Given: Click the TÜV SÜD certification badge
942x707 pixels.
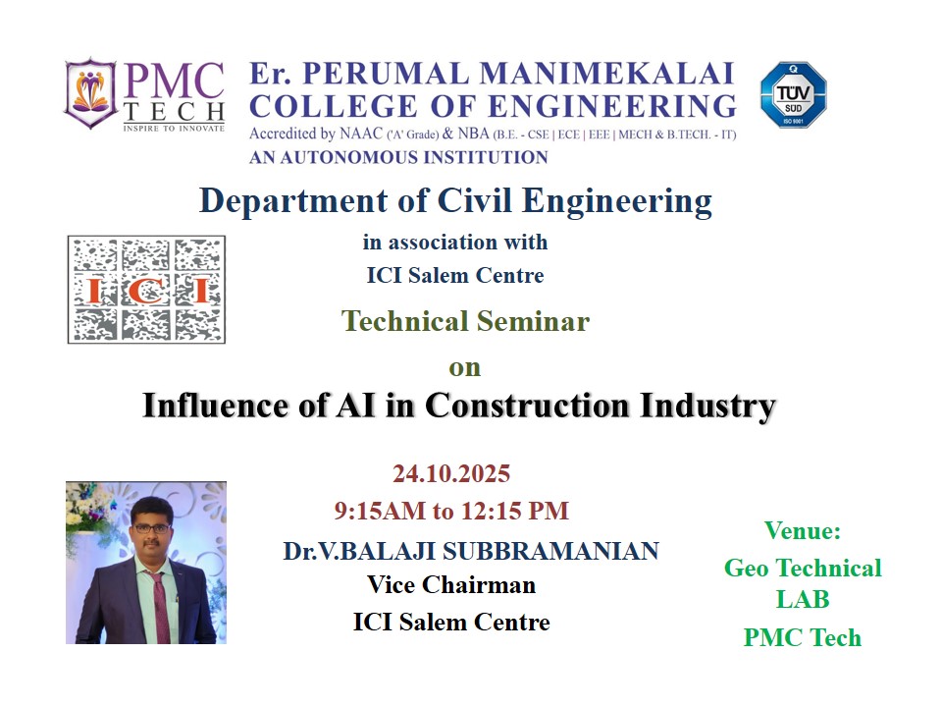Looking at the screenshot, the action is pyautogui.click(x=793, y=94).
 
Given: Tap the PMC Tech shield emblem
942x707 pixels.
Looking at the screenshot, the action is pyautogui.click(x=90, y=93).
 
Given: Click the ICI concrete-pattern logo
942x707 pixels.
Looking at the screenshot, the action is pyautogui.click(x=146, y=289).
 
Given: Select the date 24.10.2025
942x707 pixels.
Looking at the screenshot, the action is pyautogui.click(x=451, y=473).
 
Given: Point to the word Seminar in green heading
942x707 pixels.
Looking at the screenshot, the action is pyautogui.click(x=533, y=321).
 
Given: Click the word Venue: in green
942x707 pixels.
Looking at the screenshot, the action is pyautogui.click(x=803, y=531).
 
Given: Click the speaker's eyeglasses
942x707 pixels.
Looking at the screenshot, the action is pyautogui.click(x=151, y=528).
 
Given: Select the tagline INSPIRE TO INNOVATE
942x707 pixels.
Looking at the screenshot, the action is pyautogui.click(x=174, y=128).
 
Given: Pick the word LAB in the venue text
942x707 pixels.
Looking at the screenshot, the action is pyautogui.click(x=803, y=599).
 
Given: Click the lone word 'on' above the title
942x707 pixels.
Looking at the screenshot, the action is pyautogui.click(x=465, y=368).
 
